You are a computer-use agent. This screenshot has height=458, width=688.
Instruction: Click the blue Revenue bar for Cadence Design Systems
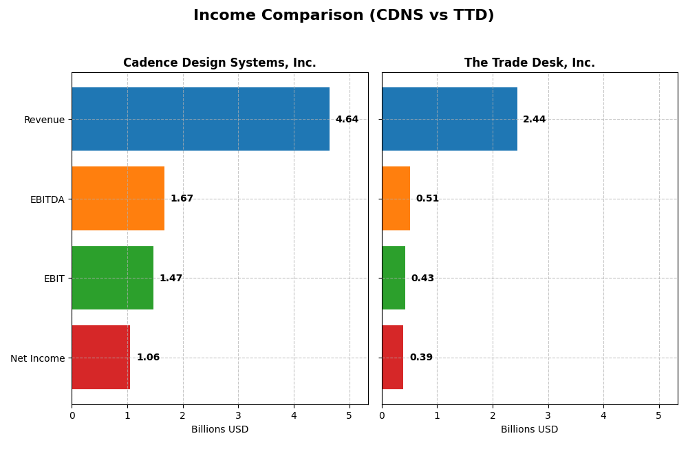point(200,119)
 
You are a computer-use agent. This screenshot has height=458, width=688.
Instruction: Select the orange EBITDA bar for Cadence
point(118,199)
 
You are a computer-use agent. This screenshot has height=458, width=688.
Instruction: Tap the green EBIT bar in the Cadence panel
point(112,278)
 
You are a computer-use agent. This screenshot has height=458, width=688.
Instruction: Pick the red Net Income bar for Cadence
point(100,358)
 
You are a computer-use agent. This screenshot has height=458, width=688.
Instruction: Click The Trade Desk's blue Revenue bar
point(449,119)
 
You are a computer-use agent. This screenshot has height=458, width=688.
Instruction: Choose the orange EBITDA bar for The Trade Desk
point(396,199)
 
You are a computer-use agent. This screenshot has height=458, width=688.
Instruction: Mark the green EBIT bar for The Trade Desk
point(394,278)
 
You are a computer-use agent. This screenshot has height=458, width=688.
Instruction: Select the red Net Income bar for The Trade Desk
point(392,358)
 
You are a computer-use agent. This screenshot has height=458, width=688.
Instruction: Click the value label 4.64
point(347,120)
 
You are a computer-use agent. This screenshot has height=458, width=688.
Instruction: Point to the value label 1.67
point(182,199)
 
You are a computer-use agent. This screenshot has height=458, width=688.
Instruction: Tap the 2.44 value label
point(534,120)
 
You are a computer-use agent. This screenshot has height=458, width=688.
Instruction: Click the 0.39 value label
point(421,358)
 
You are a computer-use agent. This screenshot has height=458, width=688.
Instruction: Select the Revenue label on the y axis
point(44,120)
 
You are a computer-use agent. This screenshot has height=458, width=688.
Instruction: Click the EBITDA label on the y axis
point(47,199)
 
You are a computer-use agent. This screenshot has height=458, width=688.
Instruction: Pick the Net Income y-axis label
point(37,358)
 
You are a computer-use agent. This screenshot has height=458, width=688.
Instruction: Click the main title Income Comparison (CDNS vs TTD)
point(343,15)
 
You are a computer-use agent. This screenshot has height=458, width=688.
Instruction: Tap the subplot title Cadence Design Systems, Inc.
point(219,63)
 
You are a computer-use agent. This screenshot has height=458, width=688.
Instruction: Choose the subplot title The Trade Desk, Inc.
point(529,63)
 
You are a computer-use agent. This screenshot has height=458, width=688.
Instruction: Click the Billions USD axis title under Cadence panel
point(219,430)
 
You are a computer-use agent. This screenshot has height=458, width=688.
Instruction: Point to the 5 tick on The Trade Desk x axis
point(658,416)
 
